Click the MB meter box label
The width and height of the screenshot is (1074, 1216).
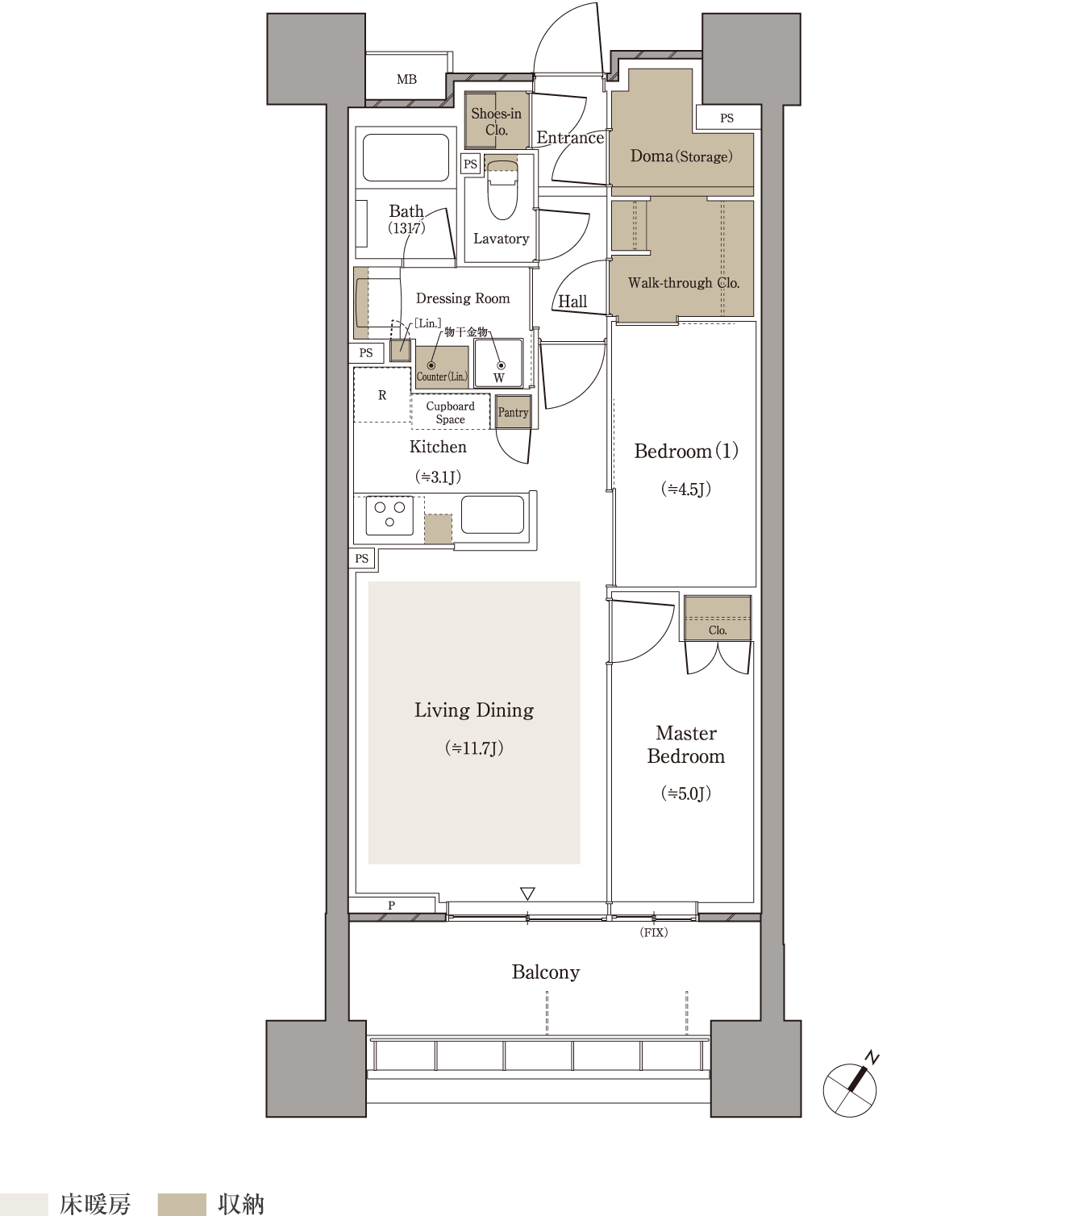406,79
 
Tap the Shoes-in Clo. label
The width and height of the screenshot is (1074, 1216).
496,121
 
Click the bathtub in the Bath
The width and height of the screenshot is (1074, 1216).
406,157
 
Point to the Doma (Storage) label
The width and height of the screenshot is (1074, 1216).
681,156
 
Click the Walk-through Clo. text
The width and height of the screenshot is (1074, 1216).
684,283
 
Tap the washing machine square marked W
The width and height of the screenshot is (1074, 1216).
498,364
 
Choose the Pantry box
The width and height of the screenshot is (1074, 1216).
513,412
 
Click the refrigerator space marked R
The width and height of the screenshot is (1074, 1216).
382,395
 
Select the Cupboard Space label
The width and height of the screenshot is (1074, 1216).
450,412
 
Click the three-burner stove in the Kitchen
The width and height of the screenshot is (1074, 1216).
389,515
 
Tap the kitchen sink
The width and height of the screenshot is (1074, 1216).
493,514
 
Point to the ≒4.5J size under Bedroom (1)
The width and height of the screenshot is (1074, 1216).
686,489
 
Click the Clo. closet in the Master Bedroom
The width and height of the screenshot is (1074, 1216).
718,618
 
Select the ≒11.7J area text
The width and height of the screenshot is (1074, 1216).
474,748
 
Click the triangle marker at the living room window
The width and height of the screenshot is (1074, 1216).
527,893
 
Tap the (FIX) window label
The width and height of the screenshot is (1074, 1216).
654,932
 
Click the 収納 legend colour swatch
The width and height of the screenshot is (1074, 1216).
182,1204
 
